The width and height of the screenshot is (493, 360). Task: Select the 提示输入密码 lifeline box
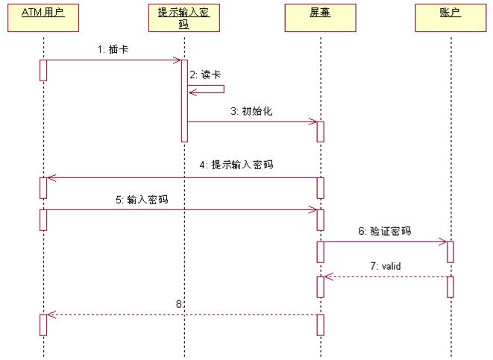(x=183, y=19)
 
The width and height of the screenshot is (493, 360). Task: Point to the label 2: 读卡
(x=206, y=75)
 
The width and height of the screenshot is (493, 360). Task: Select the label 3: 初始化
(x=251, y=111)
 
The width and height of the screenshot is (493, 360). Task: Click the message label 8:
(x=179, y=304)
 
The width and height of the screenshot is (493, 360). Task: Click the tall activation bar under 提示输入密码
(x=183, y=101)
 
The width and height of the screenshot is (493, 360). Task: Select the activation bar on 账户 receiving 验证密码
(x=450, y=251)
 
